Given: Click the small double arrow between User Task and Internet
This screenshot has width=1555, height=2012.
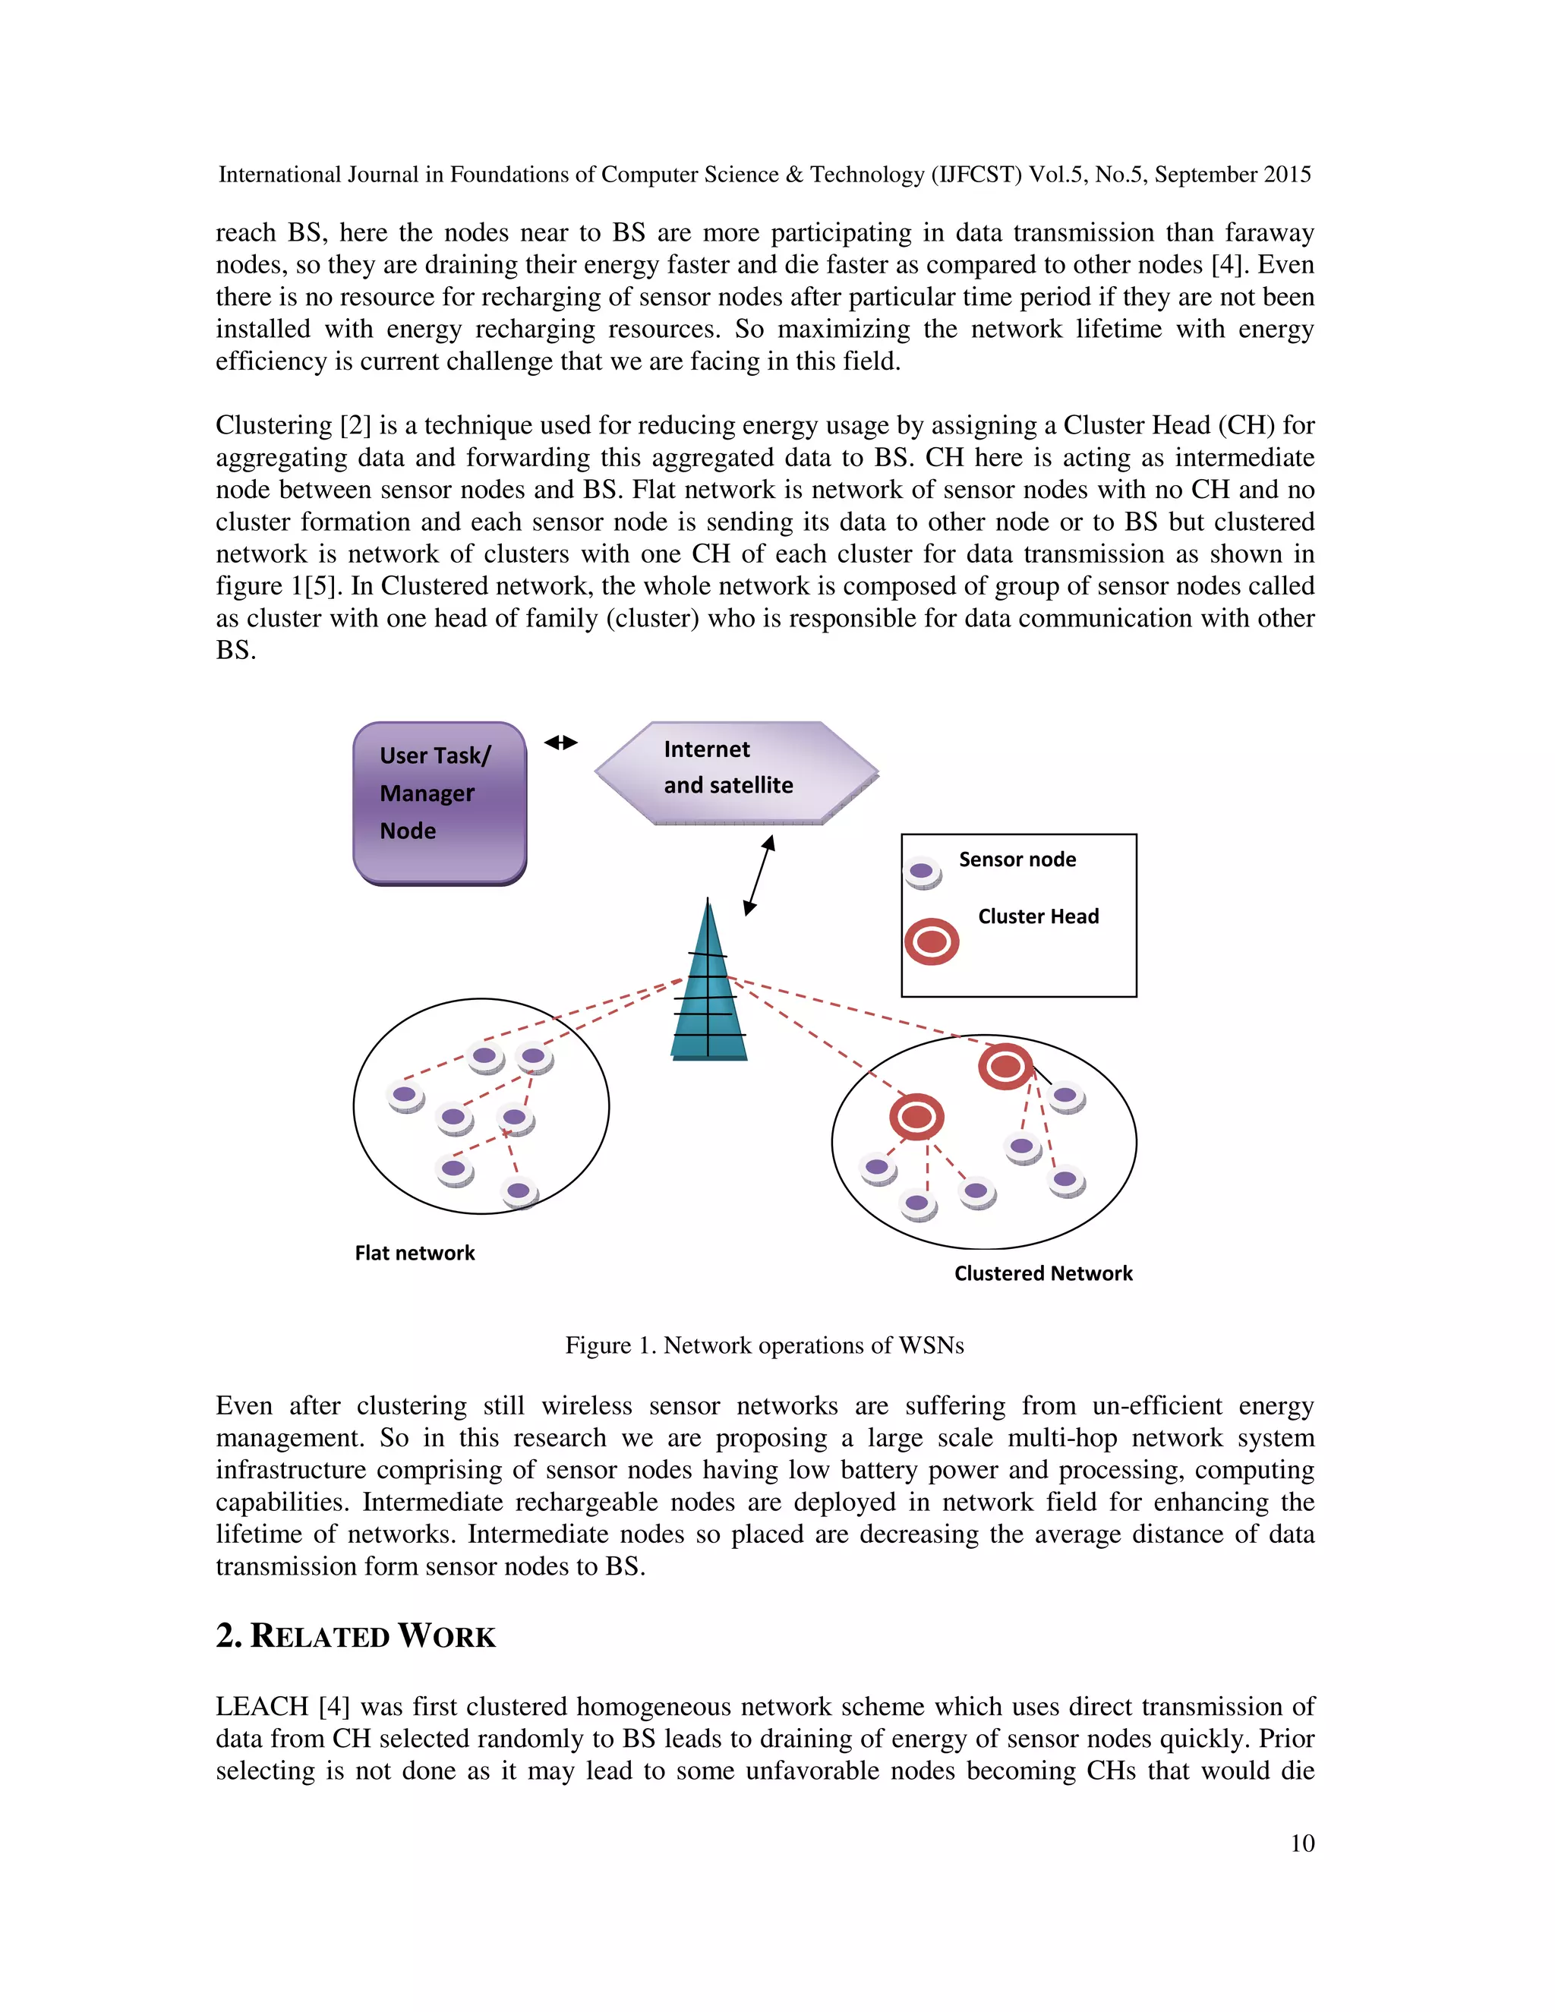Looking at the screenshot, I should click(x=560, y=743).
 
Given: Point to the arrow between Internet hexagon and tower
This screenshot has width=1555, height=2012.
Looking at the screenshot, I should click(x=759, y=875).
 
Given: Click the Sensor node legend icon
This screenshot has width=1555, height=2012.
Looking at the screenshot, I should click(x=922, y=871).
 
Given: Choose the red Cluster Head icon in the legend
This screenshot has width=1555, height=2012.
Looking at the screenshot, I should click(x=932, y=941).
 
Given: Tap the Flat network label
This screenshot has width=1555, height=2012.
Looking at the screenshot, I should click(x=415, y=1253).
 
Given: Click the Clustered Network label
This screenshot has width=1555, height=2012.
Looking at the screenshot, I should click(x=1042, y=1273).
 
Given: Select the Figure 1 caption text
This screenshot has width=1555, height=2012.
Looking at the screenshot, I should click(x=765, y=1345).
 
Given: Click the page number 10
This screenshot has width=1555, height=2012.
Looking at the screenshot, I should click(x=1301, y=1843).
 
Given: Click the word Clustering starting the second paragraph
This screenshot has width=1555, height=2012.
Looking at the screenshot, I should click(x=273, y=426).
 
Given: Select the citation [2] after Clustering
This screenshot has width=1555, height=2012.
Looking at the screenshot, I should click(x=355, y=426).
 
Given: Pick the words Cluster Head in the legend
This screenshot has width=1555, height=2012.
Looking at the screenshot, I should click(x=1038, y=916).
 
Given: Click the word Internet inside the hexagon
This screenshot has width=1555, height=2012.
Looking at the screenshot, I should click(x=707, y=749).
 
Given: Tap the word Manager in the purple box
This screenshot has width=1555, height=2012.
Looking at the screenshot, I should click(x=427, y=793).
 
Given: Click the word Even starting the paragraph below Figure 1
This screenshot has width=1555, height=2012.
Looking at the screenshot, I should click(x=244, y=1406).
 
